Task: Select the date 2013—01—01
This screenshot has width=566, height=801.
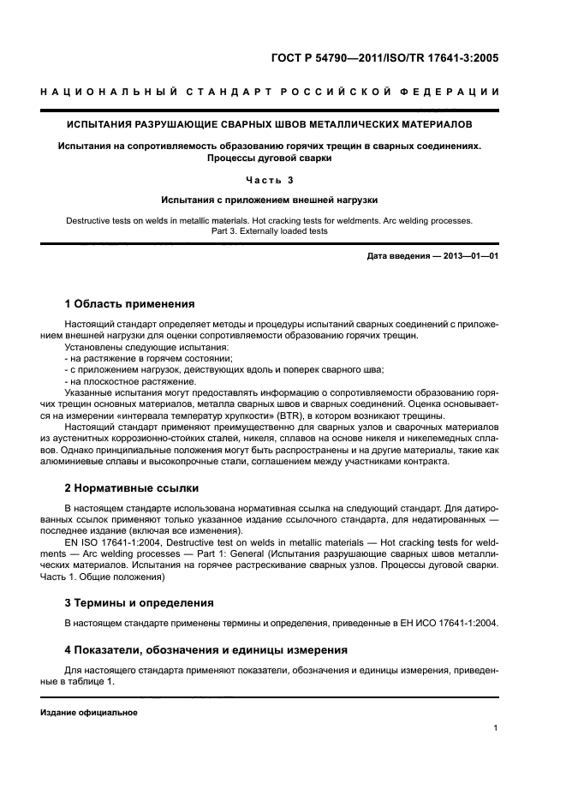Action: coord(468,256)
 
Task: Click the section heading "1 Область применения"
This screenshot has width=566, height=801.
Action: coord(129,304)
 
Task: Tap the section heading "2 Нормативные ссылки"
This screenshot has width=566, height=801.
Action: coord(132,488)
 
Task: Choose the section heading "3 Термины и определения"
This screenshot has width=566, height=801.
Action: coord(140,603)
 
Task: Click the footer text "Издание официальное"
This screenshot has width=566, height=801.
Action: coord(89,713)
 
